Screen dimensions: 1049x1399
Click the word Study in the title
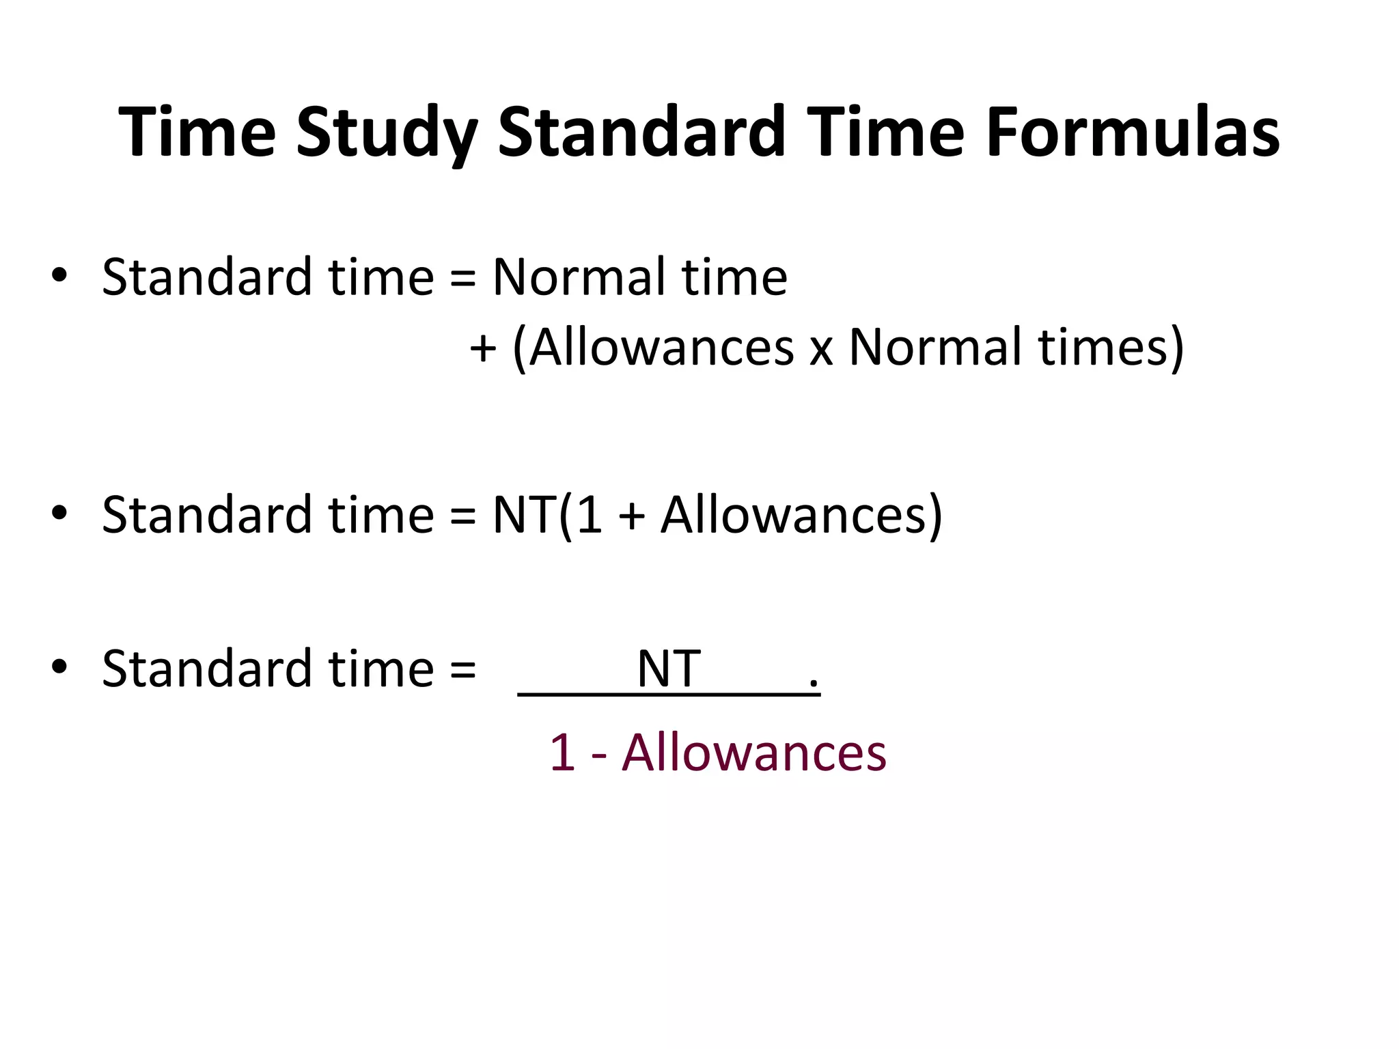coord(386,133)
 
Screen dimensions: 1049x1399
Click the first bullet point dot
coord(59,275)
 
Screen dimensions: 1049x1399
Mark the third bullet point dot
coord(59,667)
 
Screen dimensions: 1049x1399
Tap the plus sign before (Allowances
coord(483,348)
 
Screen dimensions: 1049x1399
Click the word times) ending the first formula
coord(1111,348)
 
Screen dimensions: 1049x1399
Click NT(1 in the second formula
coord(547,515)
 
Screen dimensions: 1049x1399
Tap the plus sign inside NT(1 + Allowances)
coord(632,516)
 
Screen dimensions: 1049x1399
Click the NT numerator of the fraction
coord(668,669)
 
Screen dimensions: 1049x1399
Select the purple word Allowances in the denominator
coord(754,753)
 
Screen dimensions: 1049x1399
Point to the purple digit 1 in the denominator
coord(562,753)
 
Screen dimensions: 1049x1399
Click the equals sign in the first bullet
coord(463,279)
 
